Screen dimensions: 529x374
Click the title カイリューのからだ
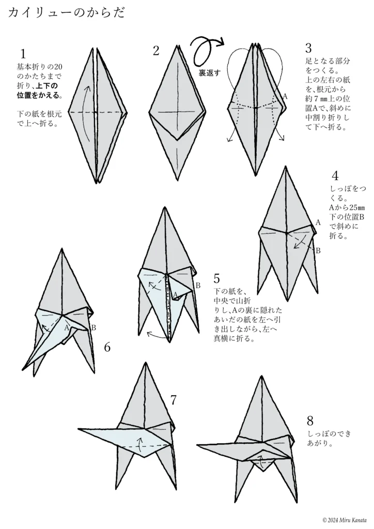coord(67,14)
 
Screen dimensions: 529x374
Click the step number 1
coord(23,53)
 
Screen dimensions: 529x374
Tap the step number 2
coord(155,50)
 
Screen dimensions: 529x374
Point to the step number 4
coord(335,176)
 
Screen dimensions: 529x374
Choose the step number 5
coord(216,279)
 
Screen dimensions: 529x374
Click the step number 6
coord(107,347)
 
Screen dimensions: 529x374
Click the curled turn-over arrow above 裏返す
coord(207,49)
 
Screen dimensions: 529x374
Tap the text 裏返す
coord(209,73)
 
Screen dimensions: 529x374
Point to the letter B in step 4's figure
coord(318,251)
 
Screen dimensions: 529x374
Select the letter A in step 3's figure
coord(285,97)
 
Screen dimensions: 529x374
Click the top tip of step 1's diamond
coord(95,49)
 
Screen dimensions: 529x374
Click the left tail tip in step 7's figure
coord(80,429)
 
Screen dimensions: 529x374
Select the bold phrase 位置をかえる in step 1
coord(39,95)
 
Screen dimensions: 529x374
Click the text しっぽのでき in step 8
coord(329,434)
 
